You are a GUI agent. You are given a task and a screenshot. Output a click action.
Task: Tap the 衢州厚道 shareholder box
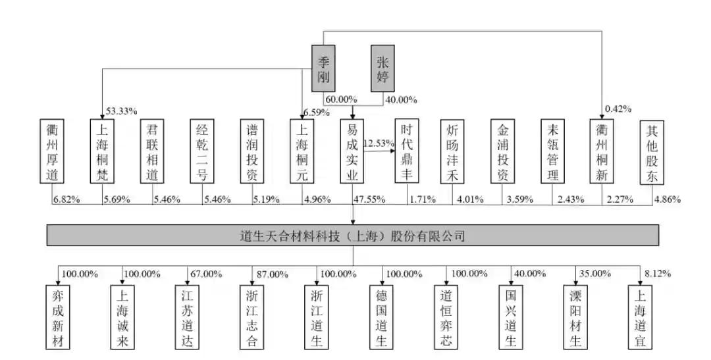pos(51,151)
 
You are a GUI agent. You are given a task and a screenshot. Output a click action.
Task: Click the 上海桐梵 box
pos(102,151)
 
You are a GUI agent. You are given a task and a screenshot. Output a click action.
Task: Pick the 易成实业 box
pos(354,151)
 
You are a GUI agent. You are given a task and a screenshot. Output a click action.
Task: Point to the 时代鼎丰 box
pos(406,151)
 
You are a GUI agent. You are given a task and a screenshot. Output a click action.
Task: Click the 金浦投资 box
pos(503,151)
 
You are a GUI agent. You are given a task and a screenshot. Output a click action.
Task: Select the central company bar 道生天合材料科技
pos(353,235)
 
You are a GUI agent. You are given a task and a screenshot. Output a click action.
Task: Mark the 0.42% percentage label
pos(618,109)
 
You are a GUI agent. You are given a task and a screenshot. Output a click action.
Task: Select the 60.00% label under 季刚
pos(340,100)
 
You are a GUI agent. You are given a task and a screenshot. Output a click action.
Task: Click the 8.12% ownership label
pos(656,273)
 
